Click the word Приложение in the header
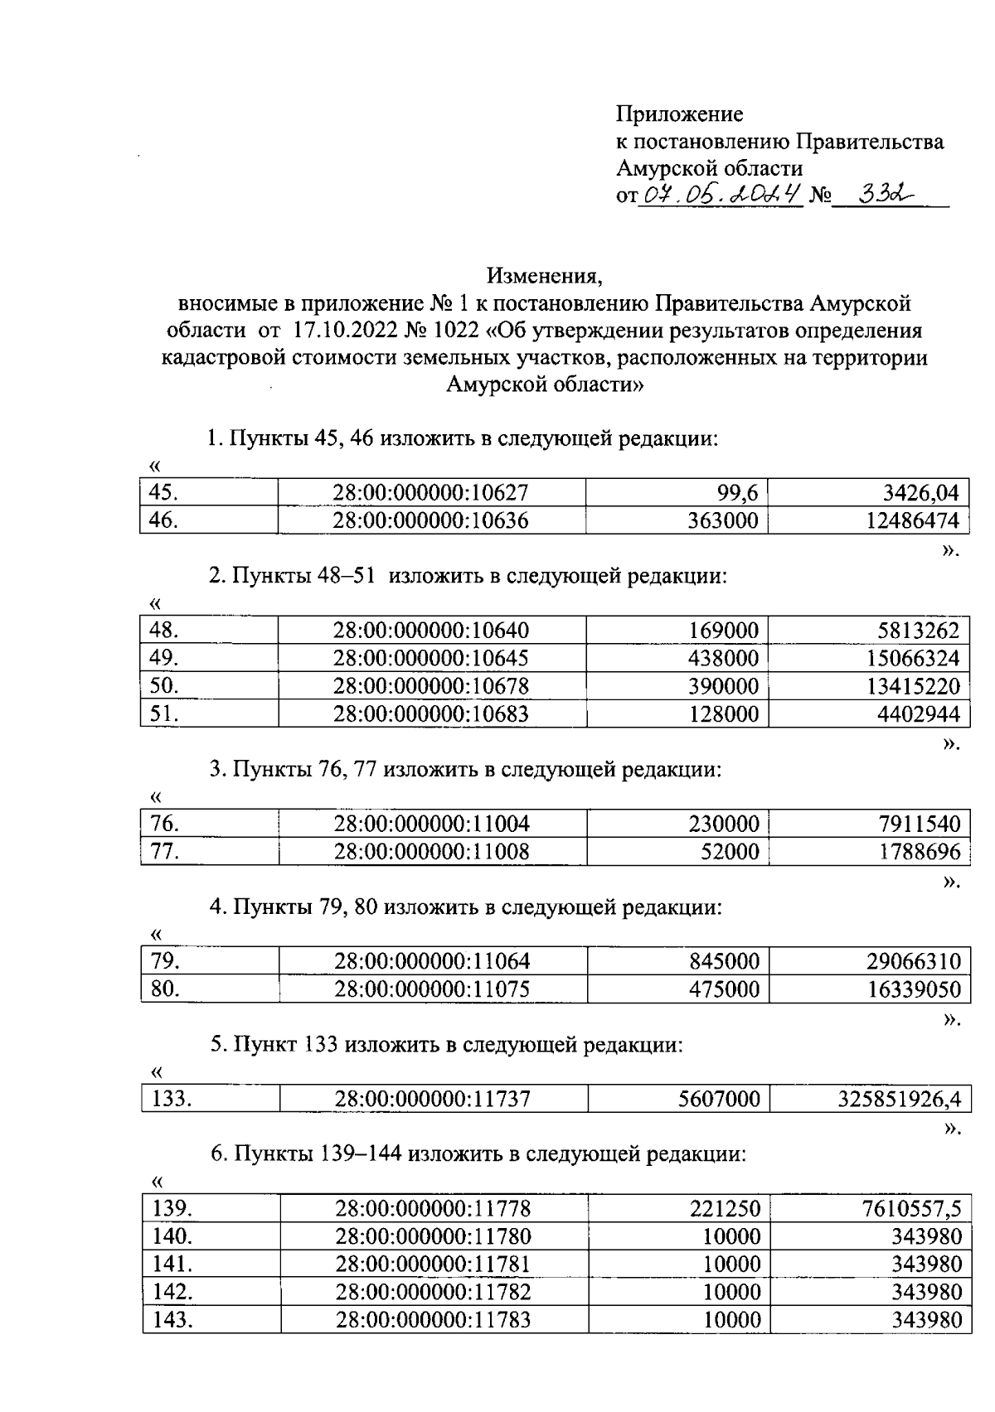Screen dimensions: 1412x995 pyautogui.click(x=679, y=114)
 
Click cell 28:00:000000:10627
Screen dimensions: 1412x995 pyautogui.click(x=430, y=494)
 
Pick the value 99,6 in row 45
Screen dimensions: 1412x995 pyautogui.click(x=737, y=494)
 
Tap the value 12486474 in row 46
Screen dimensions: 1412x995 pyautogui.click(x=912, y=521)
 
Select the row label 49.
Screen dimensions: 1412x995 pyautogui.click(x=163, y=659)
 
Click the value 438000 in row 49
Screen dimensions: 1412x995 pyautogui.click(x=723, y=659)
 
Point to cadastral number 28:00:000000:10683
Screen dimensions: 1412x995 pyautogui.click(x=430, y=713)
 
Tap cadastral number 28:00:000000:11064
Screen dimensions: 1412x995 pyautogui.click(x=431, y=961)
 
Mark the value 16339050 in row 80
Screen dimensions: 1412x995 pyautogui.click(x=913, y=989)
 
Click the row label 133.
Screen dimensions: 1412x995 pyautogui.click(x=171, y=1099)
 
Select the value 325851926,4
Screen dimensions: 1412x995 pyautogui.click(x=899, y=1099)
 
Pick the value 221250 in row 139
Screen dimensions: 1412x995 pyautogui.click(x=725, y=1209)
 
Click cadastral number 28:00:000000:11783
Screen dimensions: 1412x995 pyautogui.click(x=432, y=1319)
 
